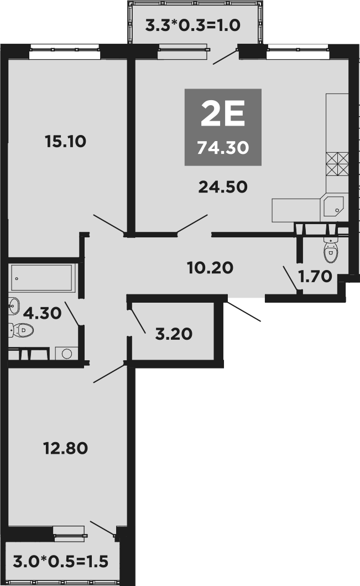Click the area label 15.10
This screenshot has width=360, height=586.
click(x=66, y=142)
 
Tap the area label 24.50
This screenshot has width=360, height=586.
click(x=223, y=187)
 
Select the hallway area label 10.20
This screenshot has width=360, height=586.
click(x=210, y=268)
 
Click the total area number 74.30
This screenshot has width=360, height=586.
click(x=223, y=148)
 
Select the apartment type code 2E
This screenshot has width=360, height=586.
click(x=222, y=115)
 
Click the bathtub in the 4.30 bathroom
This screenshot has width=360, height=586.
click(x=42, y=277)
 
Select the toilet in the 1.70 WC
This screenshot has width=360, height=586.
click(x=330, y=252)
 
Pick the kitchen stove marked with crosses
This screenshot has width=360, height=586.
click(x=337, y=164)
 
